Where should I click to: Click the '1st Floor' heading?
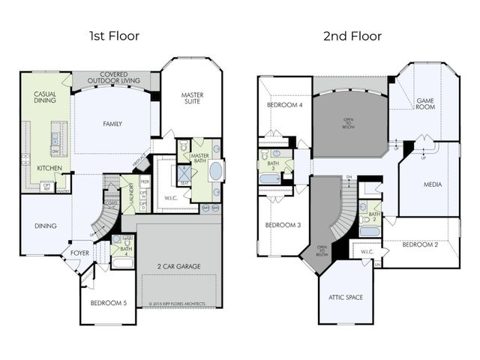click(113, 35)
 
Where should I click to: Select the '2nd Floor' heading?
click(352, 35)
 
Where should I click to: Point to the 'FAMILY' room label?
click(112, 124)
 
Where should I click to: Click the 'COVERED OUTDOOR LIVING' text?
click(113, 78)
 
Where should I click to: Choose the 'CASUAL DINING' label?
click(45, 98)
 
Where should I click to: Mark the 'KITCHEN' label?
click(49, 169)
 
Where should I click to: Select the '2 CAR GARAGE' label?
click(178, 267)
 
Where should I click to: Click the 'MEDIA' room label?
click(432, 183)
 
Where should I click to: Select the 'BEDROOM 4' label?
click(285, 105)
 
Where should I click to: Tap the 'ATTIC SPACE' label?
click(345, 297)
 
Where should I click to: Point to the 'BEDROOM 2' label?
click(420, 244)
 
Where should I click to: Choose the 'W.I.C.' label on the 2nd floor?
click(367, 252)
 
